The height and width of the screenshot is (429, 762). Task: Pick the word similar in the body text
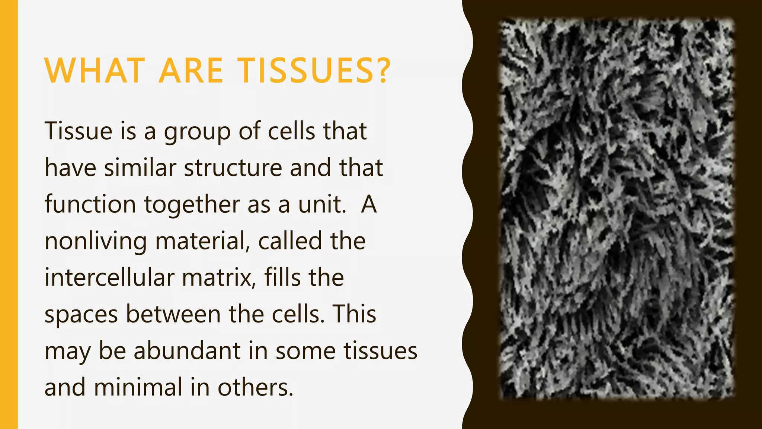click(140, 168)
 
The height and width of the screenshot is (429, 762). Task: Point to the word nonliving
click(96, 242)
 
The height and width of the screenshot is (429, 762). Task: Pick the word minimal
click(138, 387)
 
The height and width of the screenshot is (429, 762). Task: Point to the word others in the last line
click(253, 387)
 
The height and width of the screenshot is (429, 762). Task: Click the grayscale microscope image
click(616, 209)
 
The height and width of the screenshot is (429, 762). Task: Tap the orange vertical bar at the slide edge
click(9, 214)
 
